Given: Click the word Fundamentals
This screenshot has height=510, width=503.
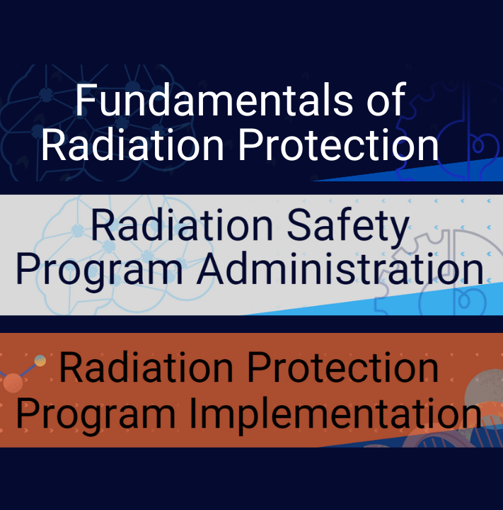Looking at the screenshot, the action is tap(214, 100).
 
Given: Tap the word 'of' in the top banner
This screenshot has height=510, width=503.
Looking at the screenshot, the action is tap(386, 100).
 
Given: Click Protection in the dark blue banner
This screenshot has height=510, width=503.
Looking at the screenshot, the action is tap(339, 144).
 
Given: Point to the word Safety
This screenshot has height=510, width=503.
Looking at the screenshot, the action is tap(348, 227).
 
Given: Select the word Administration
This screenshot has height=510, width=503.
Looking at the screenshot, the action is tap(340, 268).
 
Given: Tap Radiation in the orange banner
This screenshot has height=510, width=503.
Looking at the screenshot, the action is tap(146, 368).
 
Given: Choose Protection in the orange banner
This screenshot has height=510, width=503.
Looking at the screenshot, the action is tap(343, 368).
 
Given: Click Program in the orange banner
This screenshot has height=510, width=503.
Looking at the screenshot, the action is tap(96, 415).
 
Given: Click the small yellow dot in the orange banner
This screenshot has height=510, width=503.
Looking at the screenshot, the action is tap(40, 361).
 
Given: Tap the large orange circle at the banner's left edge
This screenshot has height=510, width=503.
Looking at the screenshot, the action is tap(13, 383).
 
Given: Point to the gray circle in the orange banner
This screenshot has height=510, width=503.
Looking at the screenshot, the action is tap(484, 390).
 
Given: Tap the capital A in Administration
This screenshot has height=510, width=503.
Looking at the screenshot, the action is tap(212, 268).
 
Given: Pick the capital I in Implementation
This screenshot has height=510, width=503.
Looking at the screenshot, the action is tap(192, 412).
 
